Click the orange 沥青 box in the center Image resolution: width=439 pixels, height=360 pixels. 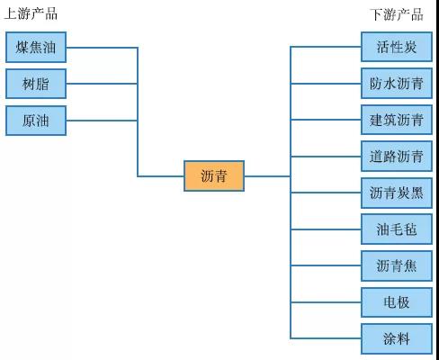(x=214, y=176)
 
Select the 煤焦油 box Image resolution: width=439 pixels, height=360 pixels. (x=36, y=48)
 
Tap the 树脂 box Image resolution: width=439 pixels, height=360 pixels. (x=36, y=84)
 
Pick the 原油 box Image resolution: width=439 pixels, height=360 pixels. (x=36, y=121)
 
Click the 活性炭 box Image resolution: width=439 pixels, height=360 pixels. (x=397, y=47)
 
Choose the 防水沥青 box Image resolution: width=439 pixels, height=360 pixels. (x=397, y=84)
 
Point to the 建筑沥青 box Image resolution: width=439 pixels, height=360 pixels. (x=397, y=120)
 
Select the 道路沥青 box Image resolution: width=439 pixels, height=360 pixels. (x=397, y=157)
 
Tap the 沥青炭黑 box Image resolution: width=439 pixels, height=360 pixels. (x=397, y=193)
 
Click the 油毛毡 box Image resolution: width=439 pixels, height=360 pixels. (x=397, y=229)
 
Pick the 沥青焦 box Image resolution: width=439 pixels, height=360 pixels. (x=397, y=265)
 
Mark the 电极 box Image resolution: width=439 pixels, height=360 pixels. (x=397, y=302)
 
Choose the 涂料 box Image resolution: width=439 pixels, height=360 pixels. (x=397, y=338)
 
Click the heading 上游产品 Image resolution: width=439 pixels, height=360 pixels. (x=31, y=13)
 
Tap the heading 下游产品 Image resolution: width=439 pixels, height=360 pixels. (x=397, y=14)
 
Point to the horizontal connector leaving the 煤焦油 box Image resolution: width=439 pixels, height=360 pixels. (x=102, y=48)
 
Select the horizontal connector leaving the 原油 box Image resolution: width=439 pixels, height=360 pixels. (x=102, y=121)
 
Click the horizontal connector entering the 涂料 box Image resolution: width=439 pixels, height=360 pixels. (x=326, y=338)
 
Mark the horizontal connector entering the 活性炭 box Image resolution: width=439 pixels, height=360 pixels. (x=326, y=47)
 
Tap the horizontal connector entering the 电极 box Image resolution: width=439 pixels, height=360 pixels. (x=326, y=302)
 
